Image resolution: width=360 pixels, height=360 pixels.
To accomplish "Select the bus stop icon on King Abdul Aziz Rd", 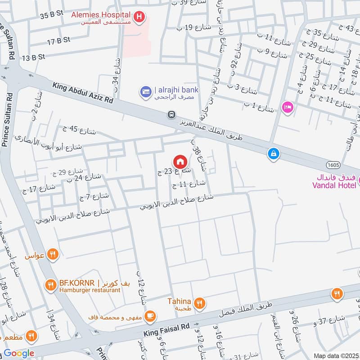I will pyautogui.click(x=171, y=115).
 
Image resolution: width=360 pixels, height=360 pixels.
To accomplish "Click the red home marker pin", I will pyautogui.click(x=180, y=161).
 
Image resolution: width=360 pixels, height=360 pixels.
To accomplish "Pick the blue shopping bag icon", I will pyautogui.click(x=273, y=154).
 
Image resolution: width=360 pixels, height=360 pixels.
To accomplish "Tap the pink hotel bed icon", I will pyautogui.click(x=286, y=107).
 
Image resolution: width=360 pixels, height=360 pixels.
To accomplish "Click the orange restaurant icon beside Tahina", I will pyautogui.click(x=201, y=303).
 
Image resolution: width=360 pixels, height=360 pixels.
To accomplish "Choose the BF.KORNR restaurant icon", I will pyautogui.click(x=50, y=284).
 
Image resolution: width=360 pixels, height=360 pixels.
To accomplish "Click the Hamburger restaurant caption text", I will pyautogui.click(x=90, y=291).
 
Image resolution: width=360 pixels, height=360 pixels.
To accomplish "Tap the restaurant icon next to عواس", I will pyautogui.click(x=53, y=255).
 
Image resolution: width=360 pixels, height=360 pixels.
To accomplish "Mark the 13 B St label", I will pyautogui.click(x=33, y=57).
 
